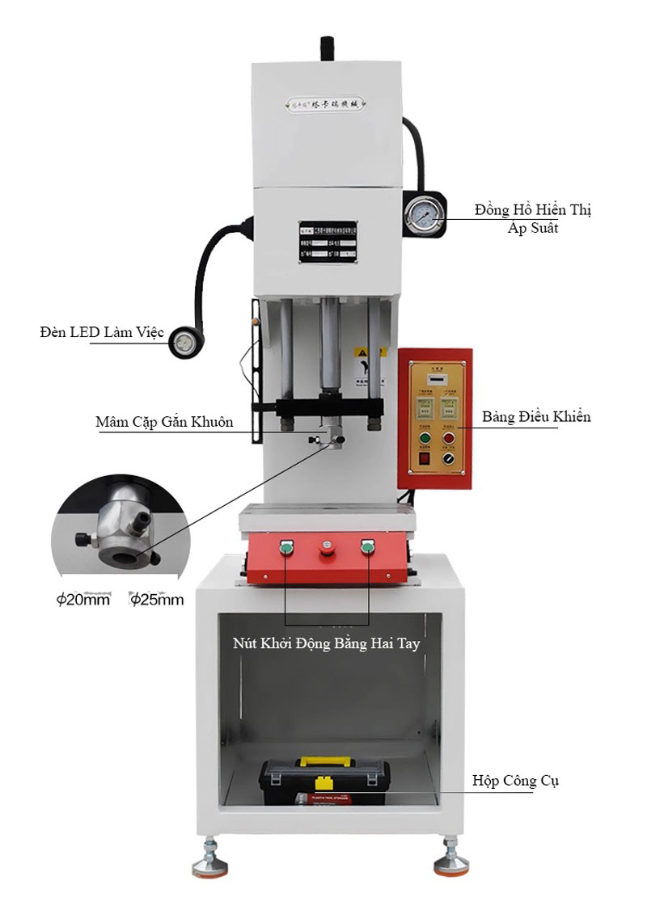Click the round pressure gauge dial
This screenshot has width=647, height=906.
tap(425, 213)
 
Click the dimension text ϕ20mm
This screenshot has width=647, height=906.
tap(82, 600)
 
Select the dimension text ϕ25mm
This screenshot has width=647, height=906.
tap(157, 600)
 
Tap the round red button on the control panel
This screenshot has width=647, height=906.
tap(450, 440)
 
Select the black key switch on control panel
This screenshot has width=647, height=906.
tap(450, 459)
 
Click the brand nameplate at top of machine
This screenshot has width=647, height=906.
tap(328, 103)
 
